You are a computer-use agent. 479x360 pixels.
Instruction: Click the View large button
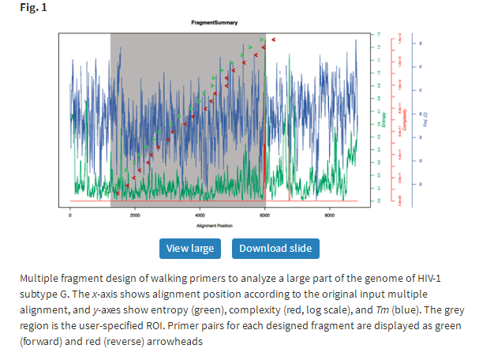(189, 249)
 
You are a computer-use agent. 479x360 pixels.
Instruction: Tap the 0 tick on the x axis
(70, 215)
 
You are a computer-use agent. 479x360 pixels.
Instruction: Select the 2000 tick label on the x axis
(135, 215)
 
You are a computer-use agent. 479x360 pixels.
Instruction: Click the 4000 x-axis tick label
(200, 215)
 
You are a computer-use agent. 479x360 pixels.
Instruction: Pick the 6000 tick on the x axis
(264, 215)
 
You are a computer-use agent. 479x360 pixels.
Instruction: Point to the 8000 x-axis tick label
(330, 215)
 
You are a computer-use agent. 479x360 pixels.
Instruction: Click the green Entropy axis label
(384, 118)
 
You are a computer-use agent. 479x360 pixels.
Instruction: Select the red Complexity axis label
(404, 118)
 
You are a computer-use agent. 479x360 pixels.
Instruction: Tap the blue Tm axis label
(425, 118)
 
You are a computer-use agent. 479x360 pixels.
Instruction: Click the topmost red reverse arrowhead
(273, 39)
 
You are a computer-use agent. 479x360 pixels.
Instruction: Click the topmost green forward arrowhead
(261, 38)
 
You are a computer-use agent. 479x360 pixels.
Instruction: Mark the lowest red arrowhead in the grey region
(117, 193)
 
